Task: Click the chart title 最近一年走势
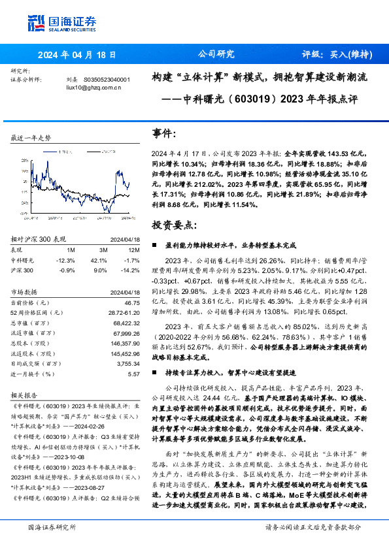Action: click(31, 138)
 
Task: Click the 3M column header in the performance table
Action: click(102, 249)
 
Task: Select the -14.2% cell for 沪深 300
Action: click(132, 270)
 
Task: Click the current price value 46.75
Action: click(132, 302)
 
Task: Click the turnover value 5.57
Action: click(134, 374)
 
